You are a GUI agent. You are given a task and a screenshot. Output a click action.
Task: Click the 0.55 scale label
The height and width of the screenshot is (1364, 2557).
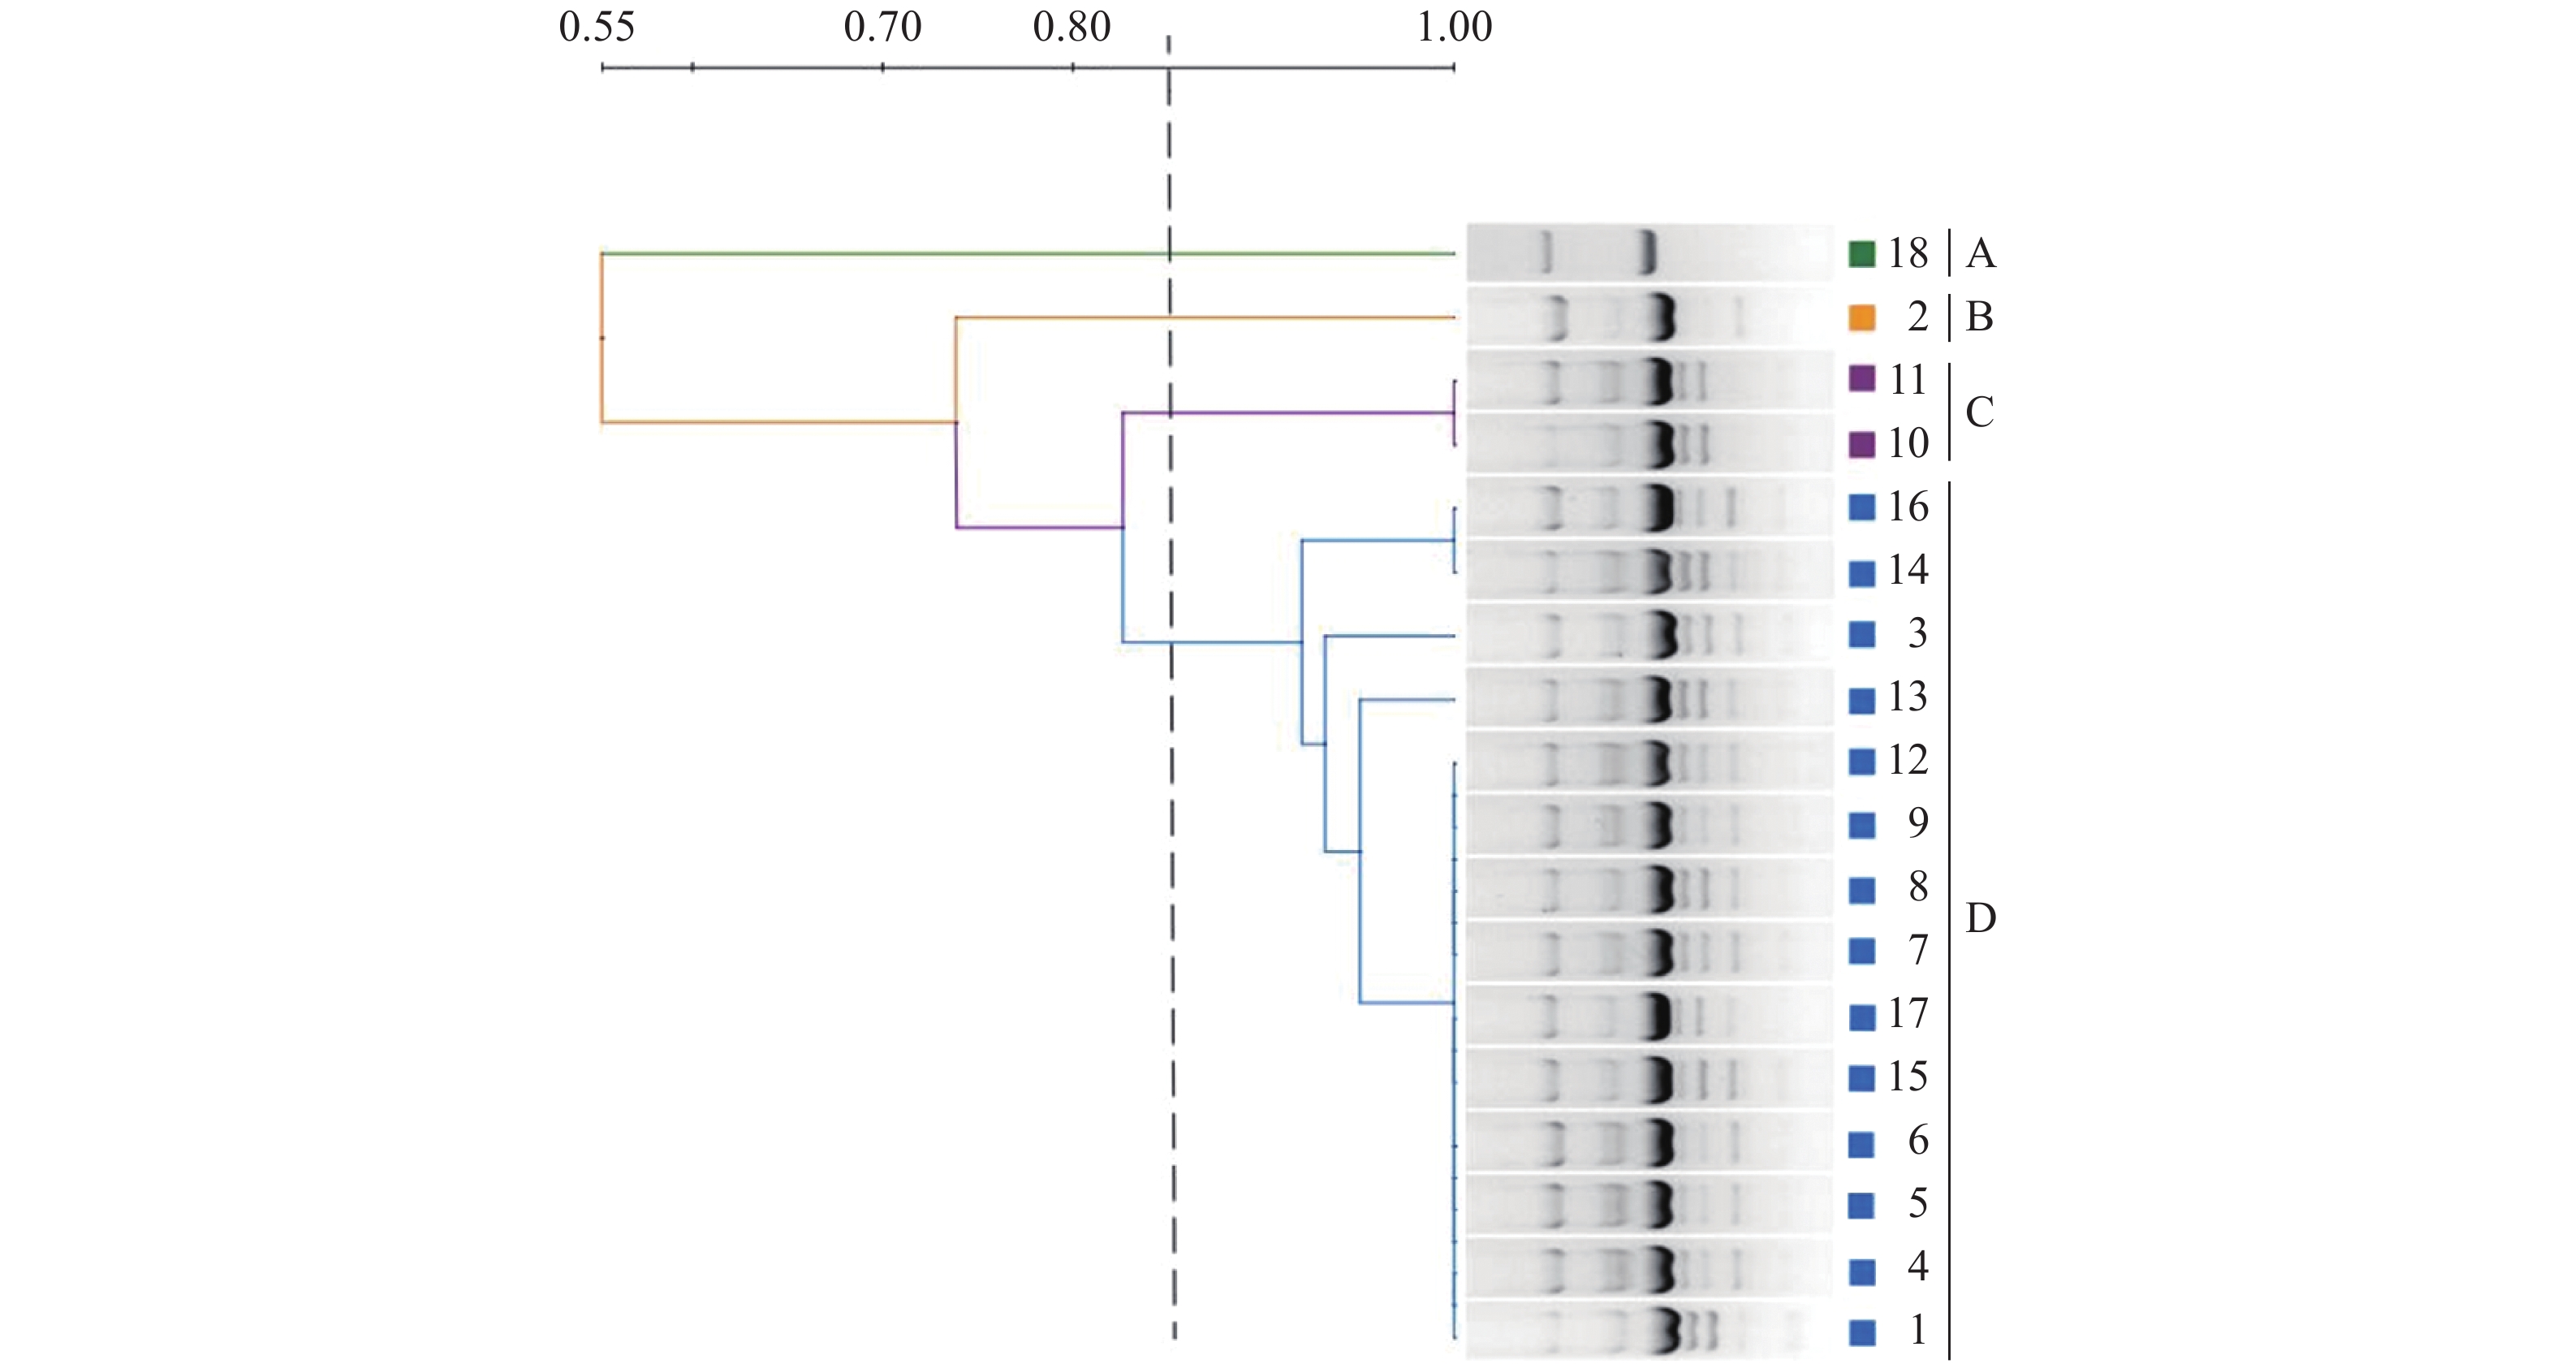tap(597, 27)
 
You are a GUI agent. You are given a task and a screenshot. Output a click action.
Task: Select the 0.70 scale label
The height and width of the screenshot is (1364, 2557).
tap(882, 27)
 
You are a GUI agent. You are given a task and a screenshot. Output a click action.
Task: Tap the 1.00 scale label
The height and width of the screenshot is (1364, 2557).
tap(1454, 27)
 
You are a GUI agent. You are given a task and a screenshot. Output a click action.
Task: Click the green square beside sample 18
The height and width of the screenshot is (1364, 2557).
tap(1862, 254)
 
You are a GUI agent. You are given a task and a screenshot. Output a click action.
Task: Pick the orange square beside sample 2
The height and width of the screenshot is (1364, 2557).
tap(1862, 317)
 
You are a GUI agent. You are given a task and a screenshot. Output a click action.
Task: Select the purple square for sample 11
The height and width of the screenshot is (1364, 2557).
tap(1862, 379)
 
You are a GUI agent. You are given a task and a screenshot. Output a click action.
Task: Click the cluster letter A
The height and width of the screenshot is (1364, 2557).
tap(1981, 254)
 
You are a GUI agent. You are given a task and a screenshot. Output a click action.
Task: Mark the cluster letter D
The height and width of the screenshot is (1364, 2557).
tap(1981, 919)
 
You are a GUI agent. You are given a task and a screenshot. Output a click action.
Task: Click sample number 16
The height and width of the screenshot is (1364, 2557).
tap(1908, 507)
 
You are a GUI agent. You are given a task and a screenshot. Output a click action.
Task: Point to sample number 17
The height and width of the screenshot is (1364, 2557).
tap(1908, 1013)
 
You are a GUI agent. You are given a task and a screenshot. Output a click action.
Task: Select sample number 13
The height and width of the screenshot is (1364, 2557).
tap(1908, 697)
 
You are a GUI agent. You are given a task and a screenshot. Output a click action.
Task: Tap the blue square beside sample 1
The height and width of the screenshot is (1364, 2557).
tap(1862, 1332)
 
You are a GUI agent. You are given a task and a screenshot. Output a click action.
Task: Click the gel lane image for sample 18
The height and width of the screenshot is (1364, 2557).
tap(1649, 253)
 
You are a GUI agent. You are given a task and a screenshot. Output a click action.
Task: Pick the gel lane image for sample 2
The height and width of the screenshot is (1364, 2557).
tap(1649, 317)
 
